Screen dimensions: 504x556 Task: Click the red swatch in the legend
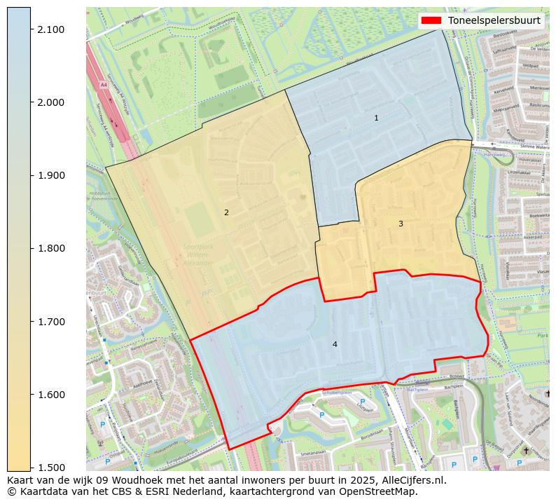(x=431, y=20)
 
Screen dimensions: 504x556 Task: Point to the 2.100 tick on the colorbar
(x=52, y=29)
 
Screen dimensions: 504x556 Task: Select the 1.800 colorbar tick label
(x=52, y=248)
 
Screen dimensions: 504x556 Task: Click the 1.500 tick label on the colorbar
(x=52, y=468)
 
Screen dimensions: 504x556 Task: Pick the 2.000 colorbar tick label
(x=52, y=102)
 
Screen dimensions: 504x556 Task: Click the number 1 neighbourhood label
(x=376, y=118)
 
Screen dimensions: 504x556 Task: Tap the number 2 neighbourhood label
(x=226, y=212)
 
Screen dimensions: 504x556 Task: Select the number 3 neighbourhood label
(x=401, y=224)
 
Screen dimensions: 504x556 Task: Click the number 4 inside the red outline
(x=335, y=344)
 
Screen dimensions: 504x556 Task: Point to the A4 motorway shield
(x=104, y=85)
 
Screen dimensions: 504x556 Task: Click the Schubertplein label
(x=335, y=393)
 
